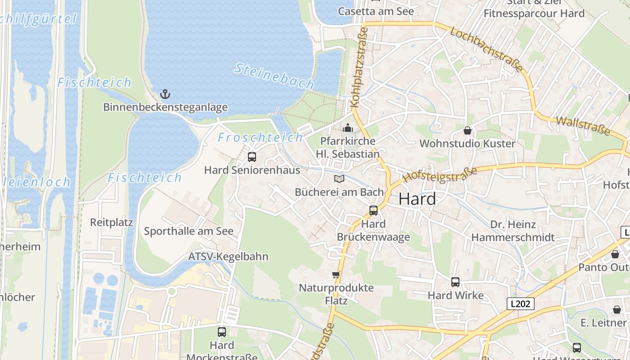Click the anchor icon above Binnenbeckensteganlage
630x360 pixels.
pos(165,94)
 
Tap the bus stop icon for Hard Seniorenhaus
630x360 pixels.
pos(252,157)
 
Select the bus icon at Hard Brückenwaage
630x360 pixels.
pos(373,210)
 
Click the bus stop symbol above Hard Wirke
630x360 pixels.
pos(455,282)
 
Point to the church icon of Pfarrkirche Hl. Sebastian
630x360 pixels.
pos(347,128)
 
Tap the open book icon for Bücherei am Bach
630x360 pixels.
pos(339,179)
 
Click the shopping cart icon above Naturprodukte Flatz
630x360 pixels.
pos(336,274)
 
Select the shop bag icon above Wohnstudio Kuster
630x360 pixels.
pos(468,130)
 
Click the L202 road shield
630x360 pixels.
pos(520,304)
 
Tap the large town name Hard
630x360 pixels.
pos(417,199)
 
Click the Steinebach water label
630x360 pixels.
pos(274,76)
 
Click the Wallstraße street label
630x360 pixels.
pos(583,126)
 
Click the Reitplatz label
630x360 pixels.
pos(112,222)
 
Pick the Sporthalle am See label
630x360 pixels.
pos(189,231)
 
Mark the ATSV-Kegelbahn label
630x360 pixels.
pos(228,256)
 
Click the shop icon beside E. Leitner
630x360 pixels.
pos(616,310)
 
